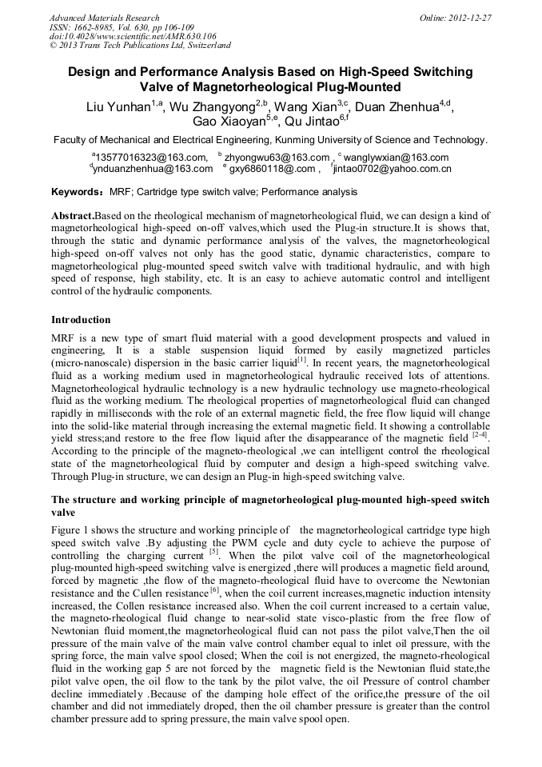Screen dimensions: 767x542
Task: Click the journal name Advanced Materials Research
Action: (104, 18)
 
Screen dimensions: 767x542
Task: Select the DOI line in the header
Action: (133, 36)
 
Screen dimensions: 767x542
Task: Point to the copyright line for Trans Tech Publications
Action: (140, 46)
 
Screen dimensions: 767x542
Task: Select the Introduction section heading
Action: (81, 320)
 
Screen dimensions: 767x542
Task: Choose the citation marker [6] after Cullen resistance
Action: (214, 590)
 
